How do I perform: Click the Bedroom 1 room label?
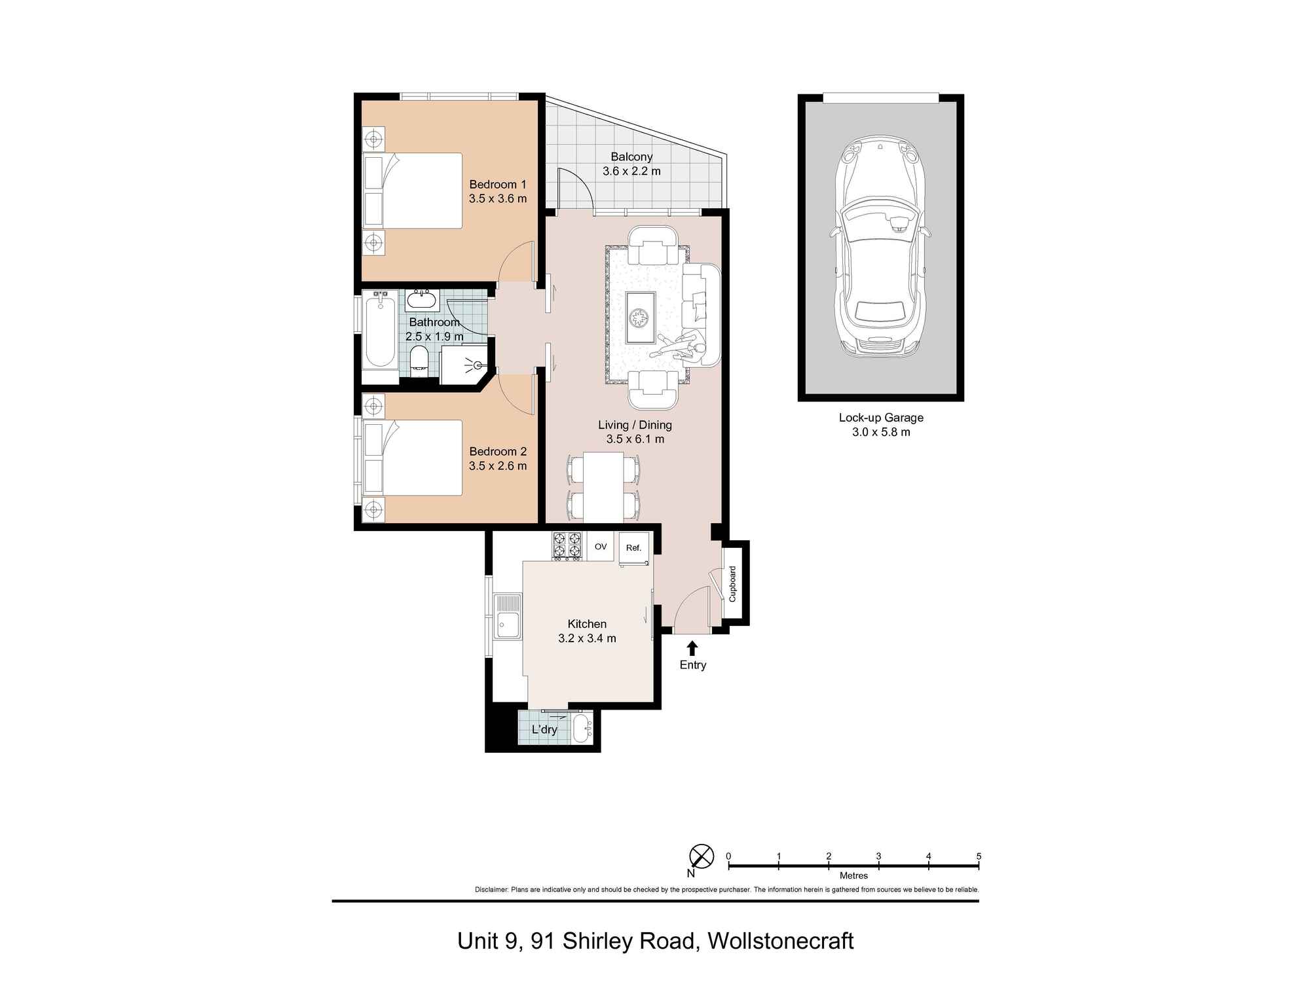tap(498, 185)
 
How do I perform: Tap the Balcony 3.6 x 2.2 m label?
tap(631, 164)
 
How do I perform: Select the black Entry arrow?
tap(692, 648)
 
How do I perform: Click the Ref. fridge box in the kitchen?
tap(633, 548)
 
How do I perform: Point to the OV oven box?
tap(600, 547)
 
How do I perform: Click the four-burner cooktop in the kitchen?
tap(567, 547)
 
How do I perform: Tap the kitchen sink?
tap(508, 616)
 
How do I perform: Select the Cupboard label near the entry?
tap(733, 584)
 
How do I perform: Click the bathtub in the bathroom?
tap(379, 333)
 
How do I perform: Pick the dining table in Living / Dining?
tap(603, 486)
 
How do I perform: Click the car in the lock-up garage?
tap(880, 249)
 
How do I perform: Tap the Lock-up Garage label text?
tap(881, 418)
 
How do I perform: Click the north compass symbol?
tap(702, 856)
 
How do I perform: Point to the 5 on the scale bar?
tap(979, 856)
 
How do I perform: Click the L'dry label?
tap(544, 729)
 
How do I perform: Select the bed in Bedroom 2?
tap(413, 457)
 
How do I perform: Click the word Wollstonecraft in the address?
tap(781, 941)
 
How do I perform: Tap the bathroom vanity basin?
tap(421, 300)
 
